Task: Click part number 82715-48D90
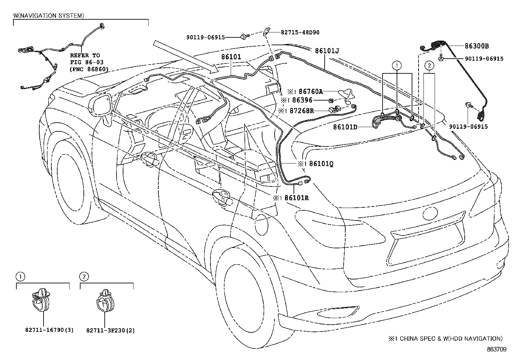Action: click(300, 32)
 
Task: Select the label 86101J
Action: click(327, 51)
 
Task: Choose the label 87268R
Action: click(302, 111)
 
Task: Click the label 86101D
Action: click(345, 127)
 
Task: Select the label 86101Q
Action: click(321, 163)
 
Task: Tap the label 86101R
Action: click(296, 198)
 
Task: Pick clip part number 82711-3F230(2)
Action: click(110, 331)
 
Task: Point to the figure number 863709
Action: click(496, 350)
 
